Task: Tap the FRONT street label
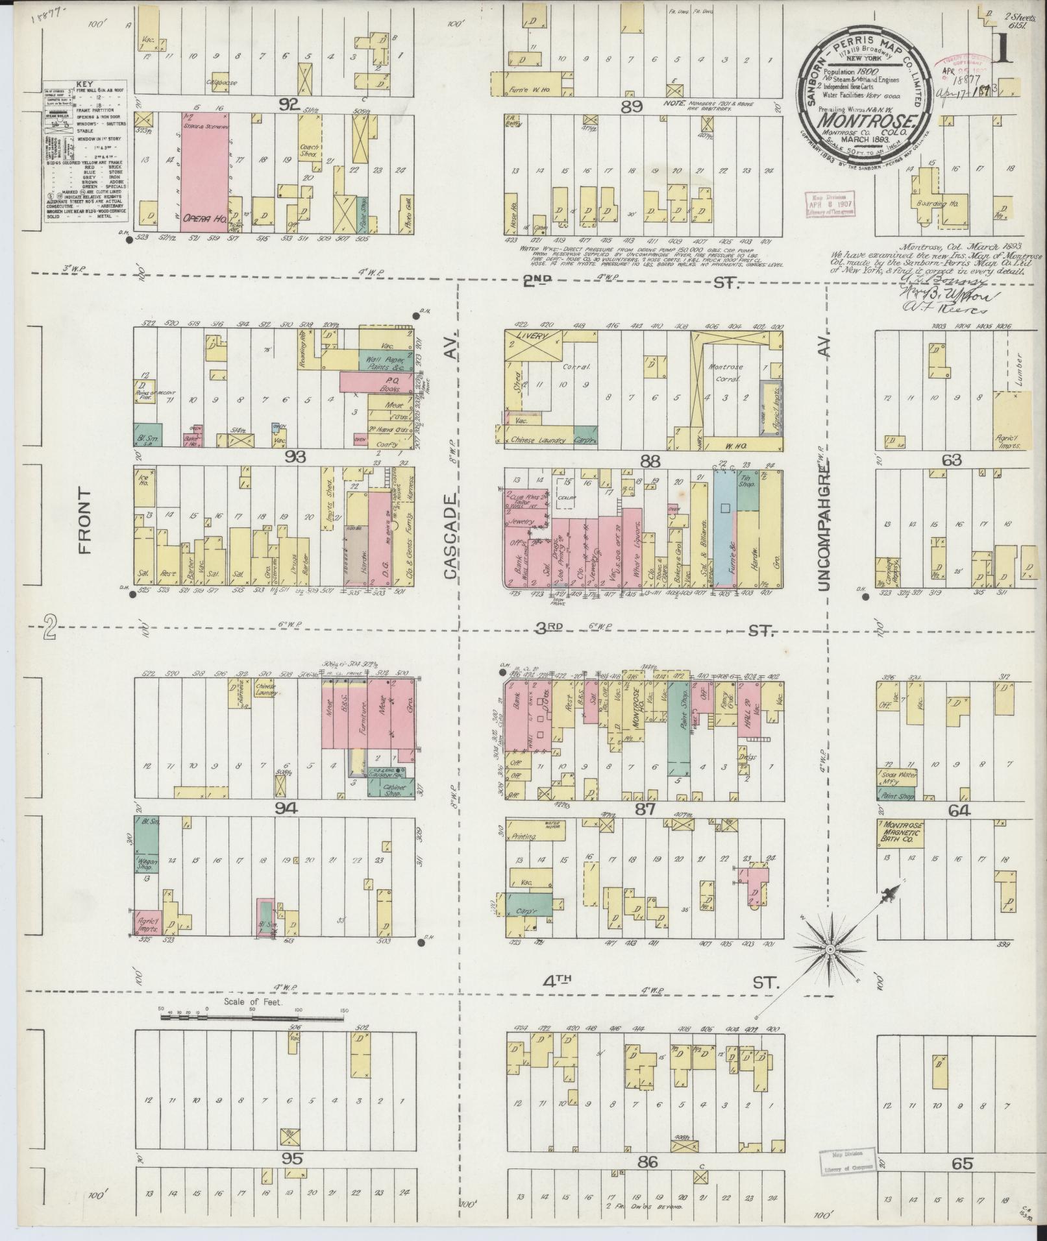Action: click(85, 531)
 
